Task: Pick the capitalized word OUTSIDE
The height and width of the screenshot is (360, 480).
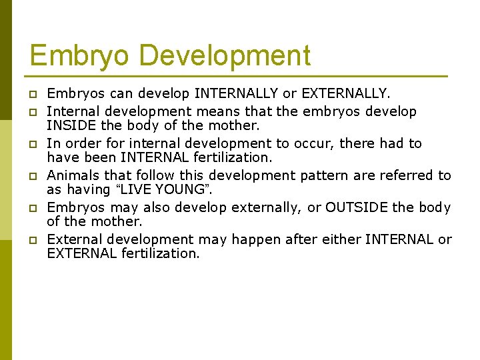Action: click(357, 207)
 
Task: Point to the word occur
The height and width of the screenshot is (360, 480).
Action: click(283, 143)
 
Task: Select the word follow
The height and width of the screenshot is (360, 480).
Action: click(137, 175)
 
